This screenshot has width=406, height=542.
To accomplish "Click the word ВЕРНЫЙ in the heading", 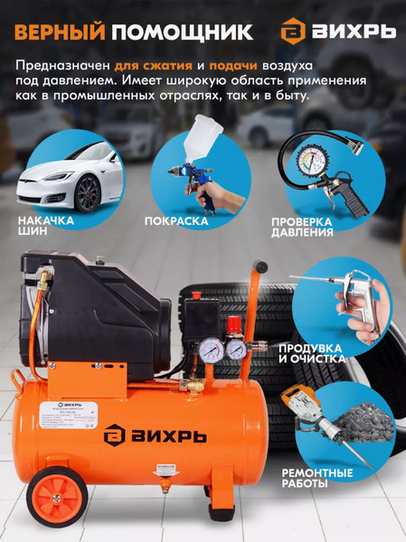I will [x=58, y=33].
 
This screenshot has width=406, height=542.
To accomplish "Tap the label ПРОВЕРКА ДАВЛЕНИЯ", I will [x=302, y=226].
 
